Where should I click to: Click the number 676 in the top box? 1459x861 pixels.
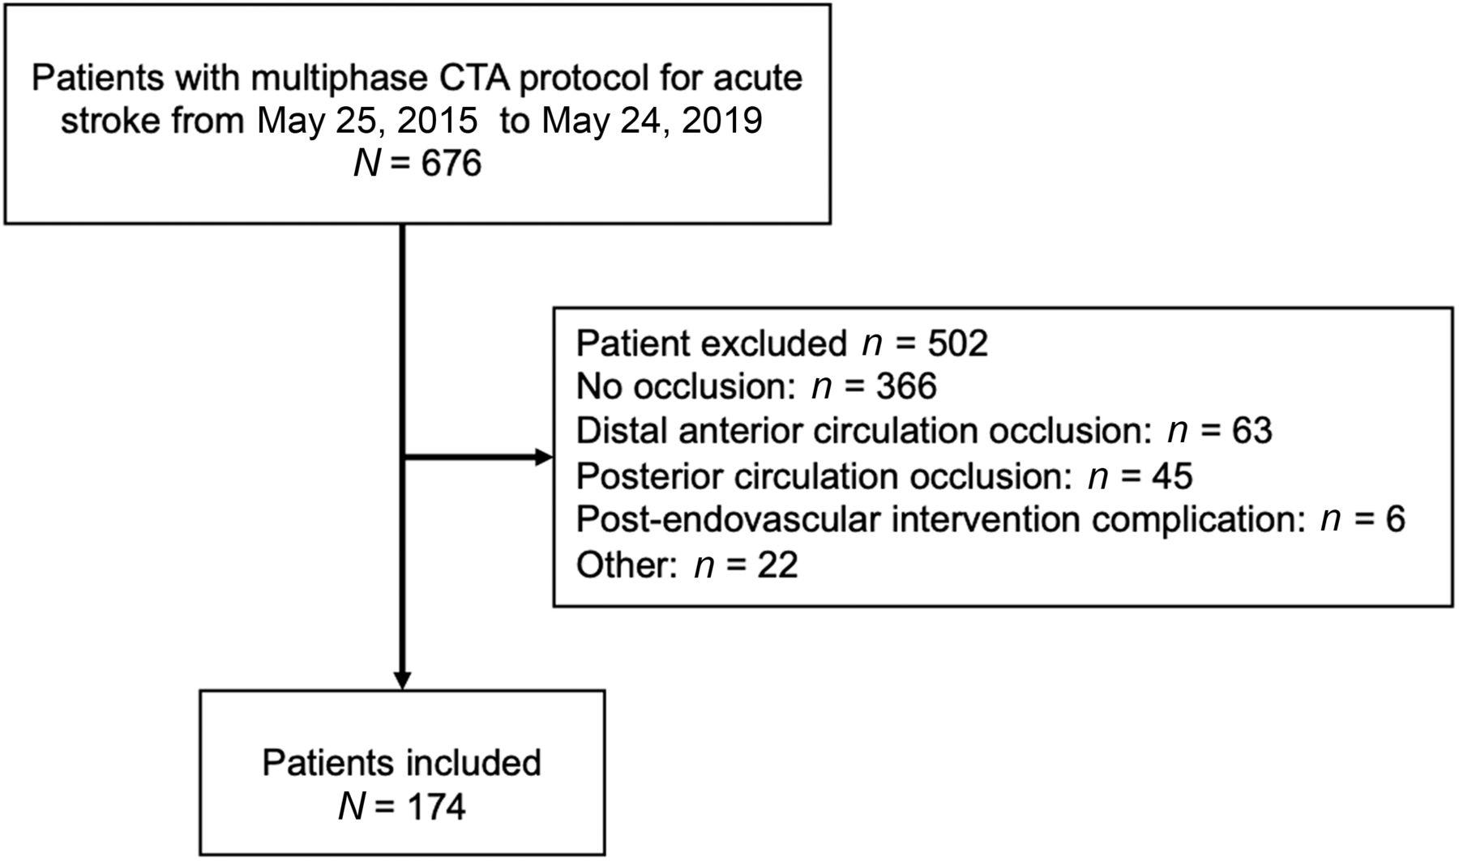click(451, 164)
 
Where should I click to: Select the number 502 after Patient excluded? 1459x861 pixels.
click(957, 343)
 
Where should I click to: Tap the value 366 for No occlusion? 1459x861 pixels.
click(906, 387)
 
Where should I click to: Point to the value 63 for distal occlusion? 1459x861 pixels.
click(1251, 431)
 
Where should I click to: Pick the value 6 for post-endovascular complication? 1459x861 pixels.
click(1395, 519)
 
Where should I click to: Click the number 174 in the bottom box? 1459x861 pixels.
click(435, 807)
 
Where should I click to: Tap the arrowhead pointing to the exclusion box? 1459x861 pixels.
click(544, 458)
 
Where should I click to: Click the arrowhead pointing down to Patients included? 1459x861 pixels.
click(402, 680)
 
